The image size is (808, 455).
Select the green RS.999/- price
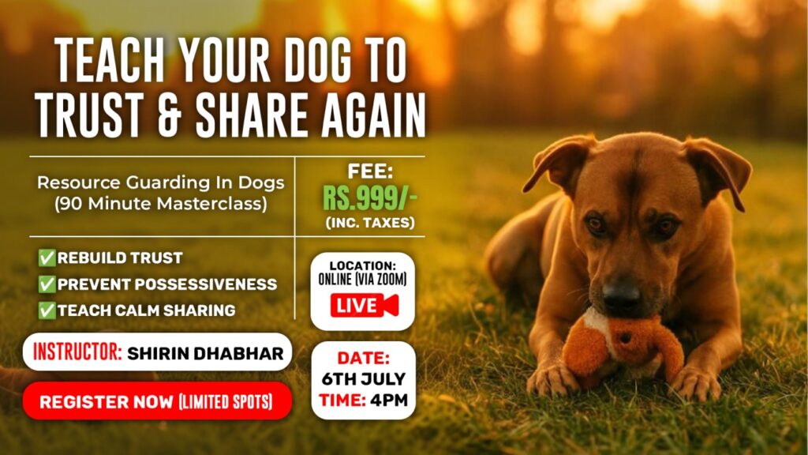(370, 198)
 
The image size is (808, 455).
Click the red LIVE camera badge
(365, 305)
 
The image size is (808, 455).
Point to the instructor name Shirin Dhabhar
(205, 353)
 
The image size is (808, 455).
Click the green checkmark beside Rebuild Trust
(47, 258)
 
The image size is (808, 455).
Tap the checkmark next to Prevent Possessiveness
(47, 284)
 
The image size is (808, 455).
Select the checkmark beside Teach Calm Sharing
(47, 310)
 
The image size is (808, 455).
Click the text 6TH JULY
(363, 379)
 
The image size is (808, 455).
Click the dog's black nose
(621, 294)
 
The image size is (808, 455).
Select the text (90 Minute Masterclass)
(161, 204)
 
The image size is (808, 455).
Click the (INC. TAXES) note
(370, 223)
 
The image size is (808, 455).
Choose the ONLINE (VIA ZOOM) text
(362, 280)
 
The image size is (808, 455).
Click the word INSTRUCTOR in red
(77, 352)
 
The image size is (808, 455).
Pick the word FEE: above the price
(370, 171)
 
